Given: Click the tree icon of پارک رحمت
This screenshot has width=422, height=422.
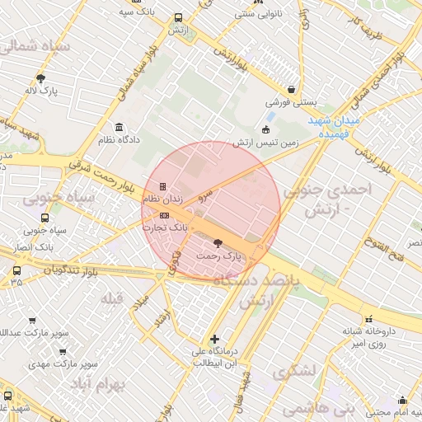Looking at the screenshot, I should (x=218, y=243).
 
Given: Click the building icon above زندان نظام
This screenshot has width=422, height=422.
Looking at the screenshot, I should (x=162, y=186).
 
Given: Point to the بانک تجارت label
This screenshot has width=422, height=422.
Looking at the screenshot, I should (x=166, y=226).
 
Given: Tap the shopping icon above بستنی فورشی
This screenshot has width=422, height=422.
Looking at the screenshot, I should (x=291, y=91).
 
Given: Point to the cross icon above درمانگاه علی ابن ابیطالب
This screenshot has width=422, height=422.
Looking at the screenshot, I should (x=214, y=339).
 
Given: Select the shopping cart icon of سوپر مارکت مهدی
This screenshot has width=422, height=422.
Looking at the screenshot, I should (x=63, y=351).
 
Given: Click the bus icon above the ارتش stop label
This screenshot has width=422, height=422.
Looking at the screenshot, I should (x=179, y=17).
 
